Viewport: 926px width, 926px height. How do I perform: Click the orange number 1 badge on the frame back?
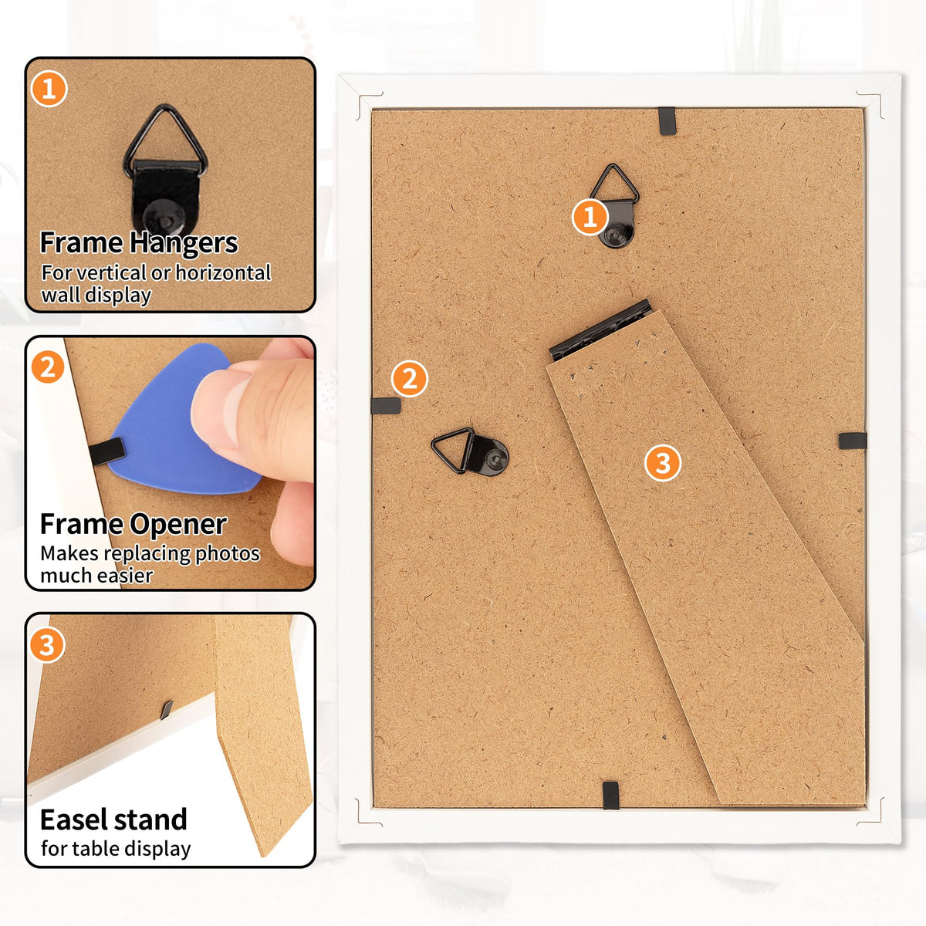[590, 217]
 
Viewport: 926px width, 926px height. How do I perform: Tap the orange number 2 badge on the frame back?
[410, 379]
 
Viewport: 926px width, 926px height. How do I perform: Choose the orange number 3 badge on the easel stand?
[663, 463]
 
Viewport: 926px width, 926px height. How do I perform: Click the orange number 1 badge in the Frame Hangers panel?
[49, 89]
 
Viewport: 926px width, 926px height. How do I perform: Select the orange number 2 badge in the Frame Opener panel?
[48, 367]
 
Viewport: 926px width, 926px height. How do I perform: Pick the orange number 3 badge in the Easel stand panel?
[47, 645]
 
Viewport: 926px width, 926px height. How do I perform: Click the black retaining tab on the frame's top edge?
[667, 120]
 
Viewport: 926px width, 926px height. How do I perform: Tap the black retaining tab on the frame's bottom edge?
[610, 796]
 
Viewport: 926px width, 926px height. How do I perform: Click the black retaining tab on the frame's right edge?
[853, 441]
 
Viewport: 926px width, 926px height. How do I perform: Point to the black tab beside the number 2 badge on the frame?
[386, 406]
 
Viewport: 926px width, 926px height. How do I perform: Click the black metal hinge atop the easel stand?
[600, 330]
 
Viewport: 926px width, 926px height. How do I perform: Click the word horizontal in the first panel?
[223, 272]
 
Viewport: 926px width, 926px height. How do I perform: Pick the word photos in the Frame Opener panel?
[228, 554]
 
